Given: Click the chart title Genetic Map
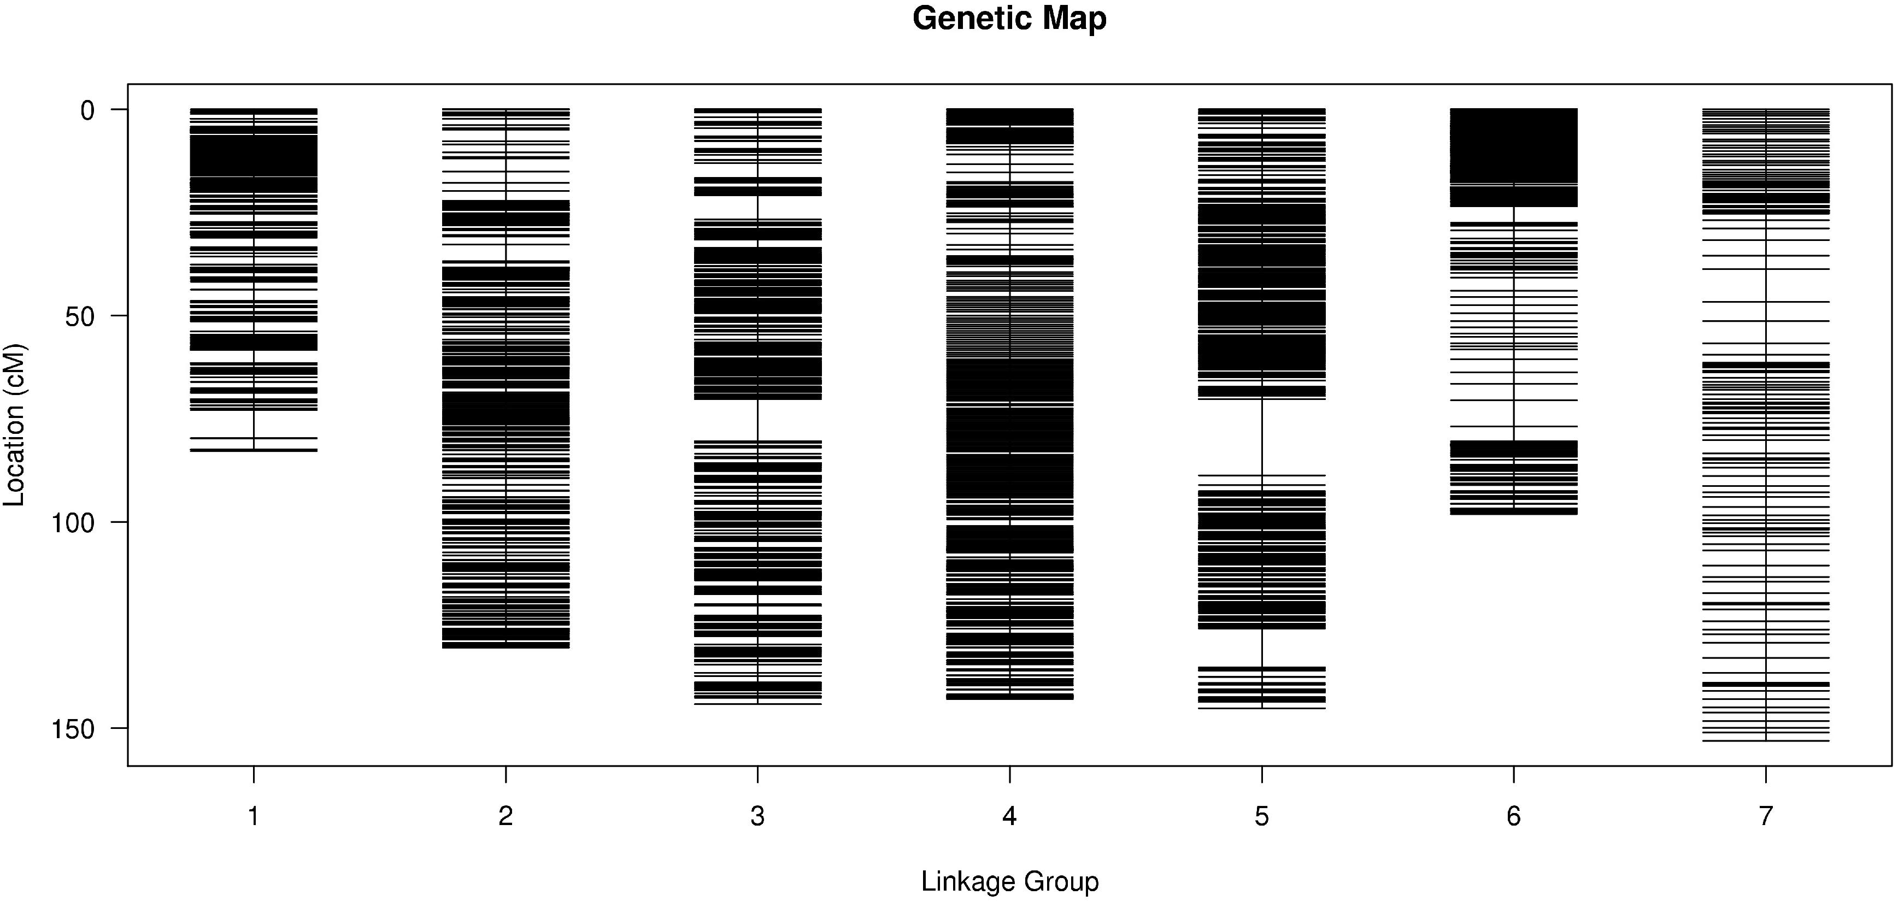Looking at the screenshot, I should coord(1009,19).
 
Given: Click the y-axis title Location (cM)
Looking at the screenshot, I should coord(15,425).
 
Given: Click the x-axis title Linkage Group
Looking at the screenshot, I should coord(1009,881).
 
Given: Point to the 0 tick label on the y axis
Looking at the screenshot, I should coord(87,110).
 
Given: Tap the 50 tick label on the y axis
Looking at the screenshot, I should coord(80,317).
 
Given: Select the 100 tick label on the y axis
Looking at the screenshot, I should coord(72,523).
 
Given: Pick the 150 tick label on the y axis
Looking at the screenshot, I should coord(72,729).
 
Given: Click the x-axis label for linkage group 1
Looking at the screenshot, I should coord(254,816).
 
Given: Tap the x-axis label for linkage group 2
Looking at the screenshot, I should coord(506,816).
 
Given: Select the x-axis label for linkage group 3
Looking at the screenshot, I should coord(757,816).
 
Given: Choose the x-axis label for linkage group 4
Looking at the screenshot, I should coord(1009,816).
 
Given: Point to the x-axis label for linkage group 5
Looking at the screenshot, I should coord(1261,816).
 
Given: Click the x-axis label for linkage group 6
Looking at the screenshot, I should coord(1513,816).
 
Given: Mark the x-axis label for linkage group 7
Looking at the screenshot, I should coord(1765,816).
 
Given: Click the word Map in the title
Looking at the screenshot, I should coord(1072,19).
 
